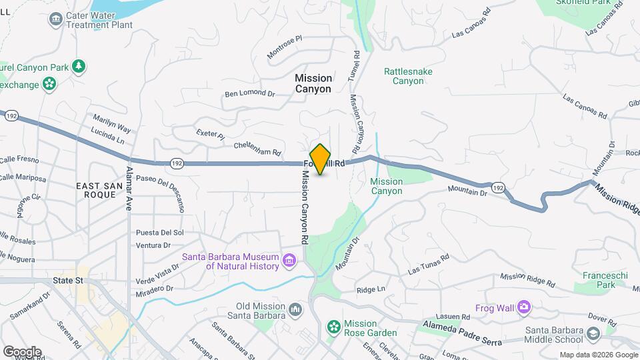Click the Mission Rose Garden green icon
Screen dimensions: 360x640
point(333,327)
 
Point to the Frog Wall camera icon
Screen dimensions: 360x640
point(524,307)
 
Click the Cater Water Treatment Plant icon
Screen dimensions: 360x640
point(55,19)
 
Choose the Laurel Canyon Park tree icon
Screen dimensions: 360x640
point(79,66)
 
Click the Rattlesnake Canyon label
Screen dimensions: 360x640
point(404,76)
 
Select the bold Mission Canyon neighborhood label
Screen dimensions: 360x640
point(313,83)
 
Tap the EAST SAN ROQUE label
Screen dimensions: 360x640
point(101,190)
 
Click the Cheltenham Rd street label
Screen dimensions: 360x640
point(257,148)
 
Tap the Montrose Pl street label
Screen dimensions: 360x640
point(285,48)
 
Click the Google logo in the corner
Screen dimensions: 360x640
point(22,352)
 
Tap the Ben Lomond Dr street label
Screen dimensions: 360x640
point(249,94)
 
